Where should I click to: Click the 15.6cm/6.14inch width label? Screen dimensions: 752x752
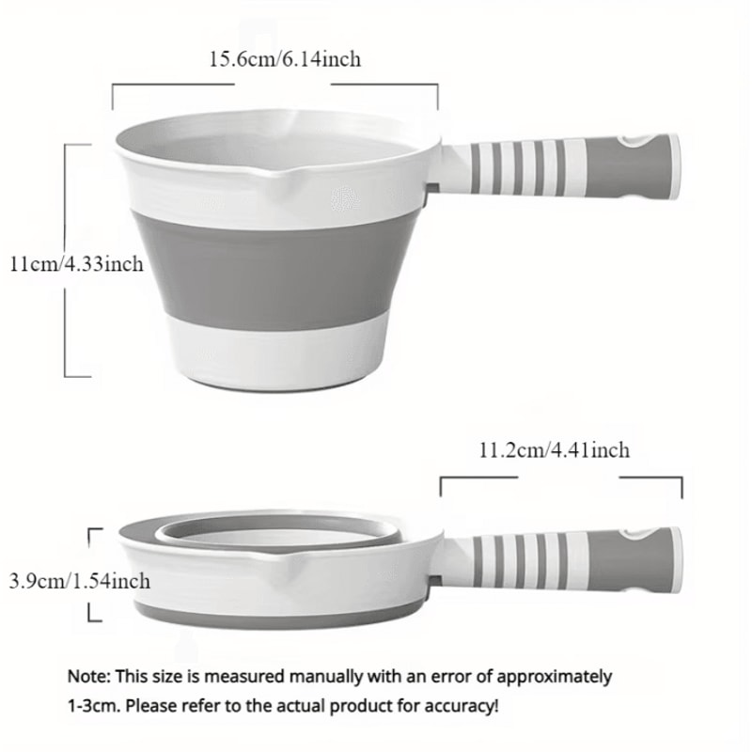point(284,59)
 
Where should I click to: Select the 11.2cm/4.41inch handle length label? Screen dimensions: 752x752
point(554,451)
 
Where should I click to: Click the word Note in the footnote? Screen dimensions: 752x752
point(86,676)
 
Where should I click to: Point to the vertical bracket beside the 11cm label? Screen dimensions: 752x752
point(66,258)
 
